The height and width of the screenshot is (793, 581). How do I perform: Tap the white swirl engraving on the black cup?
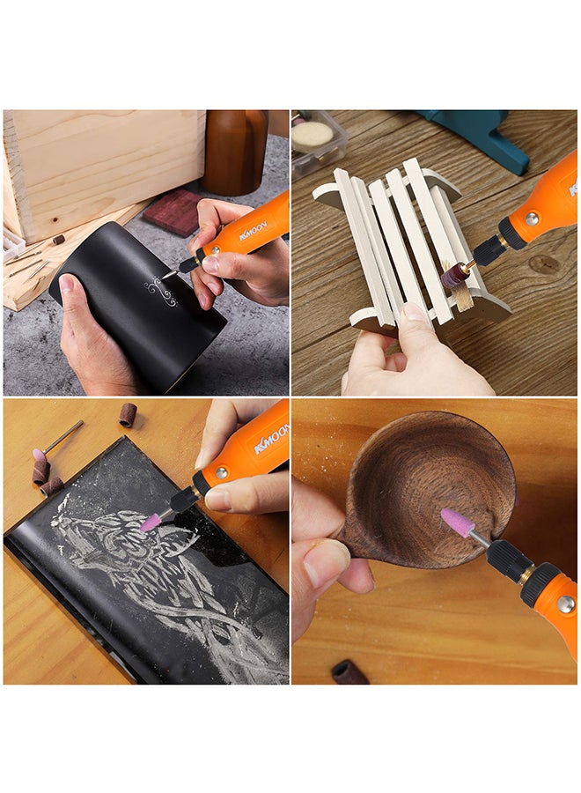(x=162, y=291)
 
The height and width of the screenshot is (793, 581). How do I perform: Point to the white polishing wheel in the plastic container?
(x=314, y=134)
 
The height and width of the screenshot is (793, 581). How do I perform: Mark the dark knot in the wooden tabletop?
(x=543, y=264)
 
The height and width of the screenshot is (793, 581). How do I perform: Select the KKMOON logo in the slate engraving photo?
(x=270, y=438)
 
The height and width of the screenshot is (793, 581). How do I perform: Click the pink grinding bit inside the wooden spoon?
(x=457, y=522)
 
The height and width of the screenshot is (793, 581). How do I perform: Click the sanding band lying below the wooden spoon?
(x=349, y=672)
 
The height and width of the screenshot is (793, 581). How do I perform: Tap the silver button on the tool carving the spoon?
(x=564, y=604)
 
